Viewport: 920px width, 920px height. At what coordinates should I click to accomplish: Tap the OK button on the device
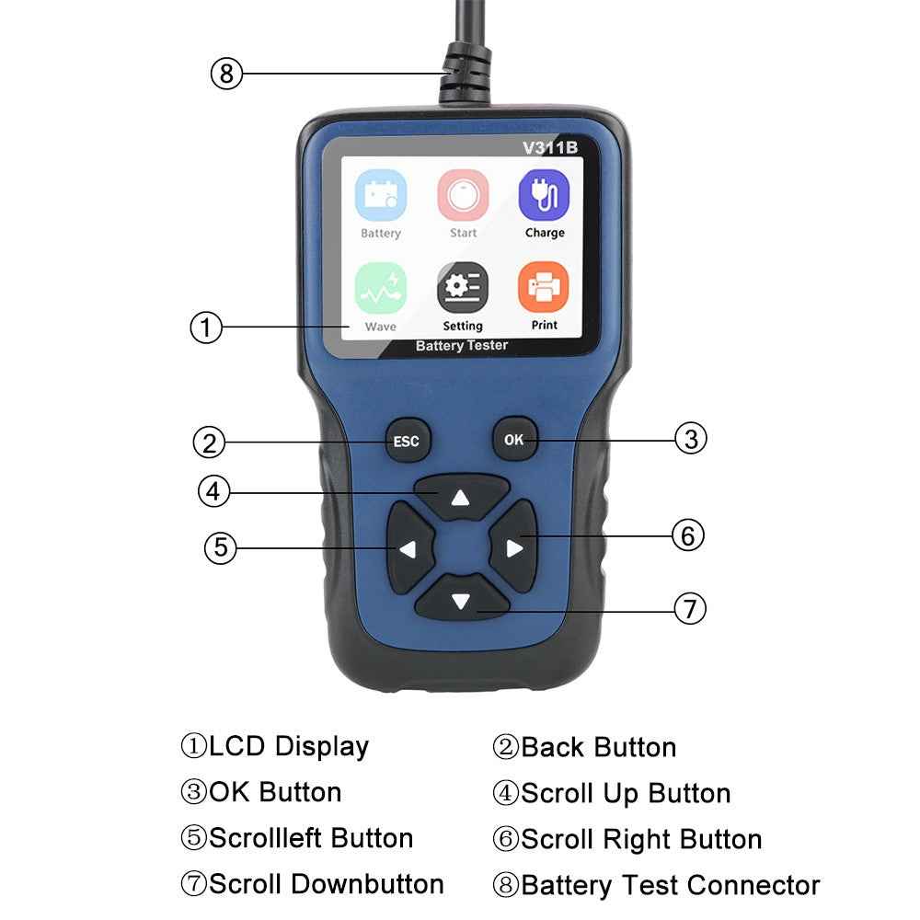(x=513, y=440)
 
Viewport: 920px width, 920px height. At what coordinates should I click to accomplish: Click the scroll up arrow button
(x=461, y=498)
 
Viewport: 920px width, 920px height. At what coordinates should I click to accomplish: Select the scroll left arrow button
(x=408, y=549)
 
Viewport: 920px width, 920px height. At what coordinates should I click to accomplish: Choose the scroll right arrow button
(x=513, y=548)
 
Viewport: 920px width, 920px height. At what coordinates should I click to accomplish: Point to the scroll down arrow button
(x=461, y=602)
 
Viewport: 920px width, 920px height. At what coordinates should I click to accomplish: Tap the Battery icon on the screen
(x=381, y=195)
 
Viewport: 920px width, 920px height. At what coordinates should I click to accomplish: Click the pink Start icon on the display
(x=463, y=195)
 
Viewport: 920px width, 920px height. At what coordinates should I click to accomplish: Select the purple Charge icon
(x=544, y=195)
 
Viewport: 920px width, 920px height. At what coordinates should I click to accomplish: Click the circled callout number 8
(x=226, y=73)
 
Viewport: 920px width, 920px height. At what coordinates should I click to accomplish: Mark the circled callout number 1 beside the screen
(x=206, y=327)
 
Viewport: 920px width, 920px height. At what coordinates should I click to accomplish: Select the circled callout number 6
(x=688, y=535)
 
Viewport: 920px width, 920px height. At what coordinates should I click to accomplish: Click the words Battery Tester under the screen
(x=462, y=346)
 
